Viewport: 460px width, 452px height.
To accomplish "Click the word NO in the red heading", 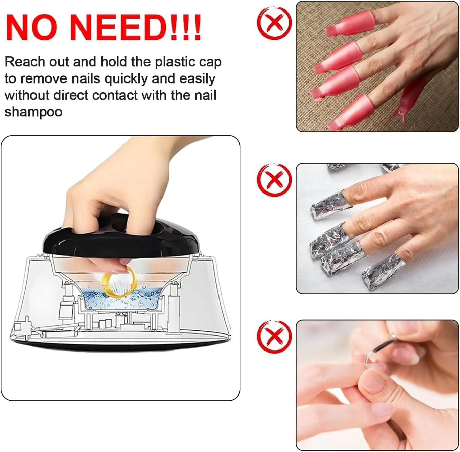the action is pos(32,27).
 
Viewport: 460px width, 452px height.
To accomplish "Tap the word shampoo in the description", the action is pos(33,112).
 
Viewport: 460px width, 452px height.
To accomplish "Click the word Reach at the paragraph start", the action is pos(25,62).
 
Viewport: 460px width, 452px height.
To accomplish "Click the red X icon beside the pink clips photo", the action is pos(274,23).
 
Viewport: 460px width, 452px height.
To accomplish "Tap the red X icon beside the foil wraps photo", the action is pos(274,180).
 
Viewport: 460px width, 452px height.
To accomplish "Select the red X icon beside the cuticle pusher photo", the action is pos(274,337).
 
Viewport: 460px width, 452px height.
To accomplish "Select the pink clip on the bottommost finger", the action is pos(351,112).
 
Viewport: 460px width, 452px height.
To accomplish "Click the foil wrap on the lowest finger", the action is pos(383,270).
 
